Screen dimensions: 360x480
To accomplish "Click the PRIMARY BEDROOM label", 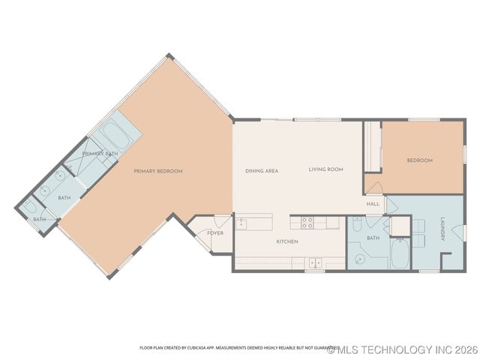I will pyautogui.click(x=158, y=171).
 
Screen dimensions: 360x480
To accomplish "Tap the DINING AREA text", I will pyautogui.click(x=262, y=171).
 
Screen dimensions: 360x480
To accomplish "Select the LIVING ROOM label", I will pyautogui.click(x=325, y=169).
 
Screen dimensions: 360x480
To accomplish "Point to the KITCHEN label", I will pyautogui.click(x=287, y=241).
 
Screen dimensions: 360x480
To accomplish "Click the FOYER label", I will pyautogui.click(x=215, y=233).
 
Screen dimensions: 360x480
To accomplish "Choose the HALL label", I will pyautogui.click(x=373, y=204).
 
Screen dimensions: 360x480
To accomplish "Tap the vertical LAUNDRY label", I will pyautogui.click(x=443, y=229).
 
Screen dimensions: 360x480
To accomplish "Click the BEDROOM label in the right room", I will pyautogui.click(x=419, y=160).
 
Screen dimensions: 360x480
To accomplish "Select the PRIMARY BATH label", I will pyautogui.click(x=100, y=154).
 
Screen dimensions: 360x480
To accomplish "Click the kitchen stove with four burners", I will pyautogui.click(x=307, y=222).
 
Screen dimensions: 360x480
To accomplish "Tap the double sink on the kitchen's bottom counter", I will pyautogui.click(x=316, y=262).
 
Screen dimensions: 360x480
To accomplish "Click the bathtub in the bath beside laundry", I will pyautogui.click(x=400, y=255).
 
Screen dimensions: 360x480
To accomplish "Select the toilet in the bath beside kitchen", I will pyautogui.click(x=357, y=223).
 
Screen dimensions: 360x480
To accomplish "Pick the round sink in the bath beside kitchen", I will pyautogui.click(x=359, y=258).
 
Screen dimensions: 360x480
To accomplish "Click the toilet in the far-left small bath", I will pyautogui.click(x=31, y=207).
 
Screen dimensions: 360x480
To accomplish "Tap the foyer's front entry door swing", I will pyautogui.click(x=221, y=222).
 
